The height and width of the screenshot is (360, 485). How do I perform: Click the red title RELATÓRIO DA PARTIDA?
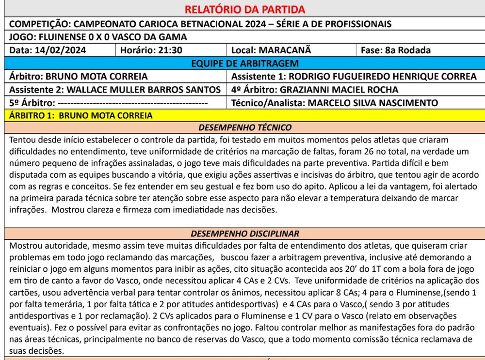click(x=244, y=10)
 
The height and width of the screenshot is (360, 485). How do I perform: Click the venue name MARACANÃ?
click(x=285, y=50)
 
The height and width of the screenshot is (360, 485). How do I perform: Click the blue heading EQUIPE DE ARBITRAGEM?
click(x=244, y=63)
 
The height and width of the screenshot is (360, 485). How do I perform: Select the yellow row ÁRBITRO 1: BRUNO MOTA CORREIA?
click(x=81, y=115)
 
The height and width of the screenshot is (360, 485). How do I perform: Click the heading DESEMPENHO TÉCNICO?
click(x=244, y=128)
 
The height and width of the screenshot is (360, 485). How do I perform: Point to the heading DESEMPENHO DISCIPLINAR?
click(x=244, y=234)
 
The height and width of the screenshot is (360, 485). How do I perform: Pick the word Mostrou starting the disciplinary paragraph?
click(x=24, y=246)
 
